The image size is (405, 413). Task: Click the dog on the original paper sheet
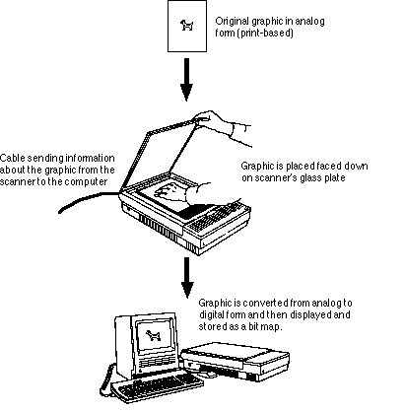187,25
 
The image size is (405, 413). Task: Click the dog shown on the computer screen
153,335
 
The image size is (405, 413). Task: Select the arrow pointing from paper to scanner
186,80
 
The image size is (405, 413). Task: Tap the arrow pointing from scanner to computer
187,278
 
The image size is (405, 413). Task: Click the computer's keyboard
157,387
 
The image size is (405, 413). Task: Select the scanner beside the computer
236,361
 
